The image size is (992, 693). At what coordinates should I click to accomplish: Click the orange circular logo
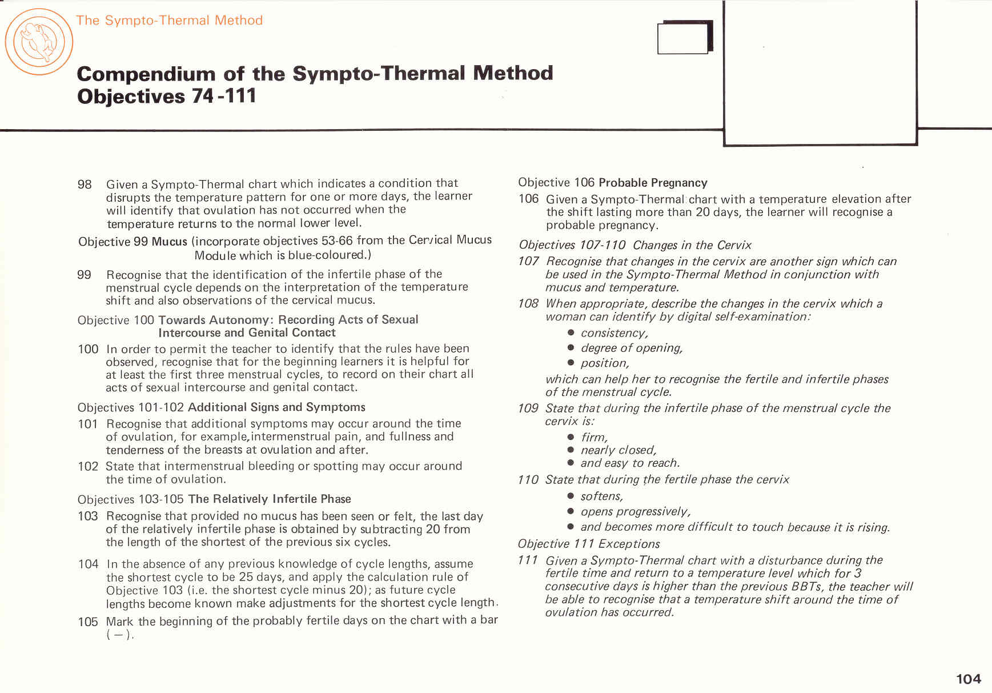point(39,42)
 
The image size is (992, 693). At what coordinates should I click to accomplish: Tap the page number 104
point(968,679)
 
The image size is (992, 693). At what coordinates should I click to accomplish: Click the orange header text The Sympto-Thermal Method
point(169,21)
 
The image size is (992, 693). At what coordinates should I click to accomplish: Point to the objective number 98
point(85,185)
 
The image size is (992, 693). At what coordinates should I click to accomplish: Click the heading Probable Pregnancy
point(653,183)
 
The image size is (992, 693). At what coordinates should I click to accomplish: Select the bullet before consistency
point(571,333)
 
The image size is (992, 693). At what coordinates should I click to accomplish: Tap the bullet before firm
point(571,437)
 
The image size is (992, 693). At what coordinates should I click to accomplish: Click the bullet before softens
point(571,496)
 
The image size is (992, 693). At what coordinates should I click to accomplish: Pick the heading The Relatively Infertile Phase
point(270,499)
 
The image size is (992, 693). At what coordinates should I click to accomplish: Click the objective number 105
point(87,622)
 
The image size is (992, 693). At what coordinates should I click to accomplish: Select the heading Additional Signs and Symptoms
point(276,407)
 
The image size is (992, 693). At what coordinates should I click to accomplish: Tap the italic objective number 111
point(528,560)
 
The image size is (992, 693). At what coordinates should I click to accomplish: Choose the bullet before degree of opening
point(571,347)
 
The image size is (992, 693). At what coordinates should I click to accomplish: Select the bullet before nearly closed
point(571,450)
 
